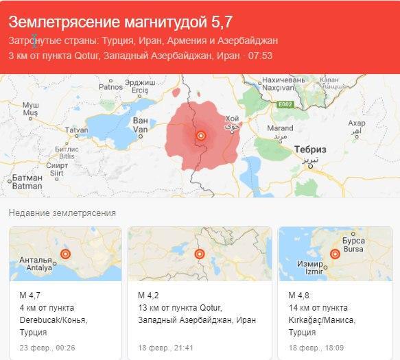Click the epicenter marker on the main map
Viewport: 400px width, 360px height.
(201, 136)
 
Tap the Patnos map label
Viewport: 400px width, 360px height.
(110, 87)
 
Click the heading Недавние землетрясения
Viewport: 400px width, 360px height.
(62, 213)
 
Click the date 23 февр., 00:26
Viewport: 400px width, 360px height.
(47, 348)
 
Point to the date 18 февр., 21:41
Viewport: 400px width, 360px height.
(165, 348)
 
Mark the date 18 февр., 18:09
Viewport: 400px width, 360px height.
(315, 348)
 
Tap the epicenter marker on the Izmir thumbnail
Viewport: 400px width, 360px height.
(336, 254)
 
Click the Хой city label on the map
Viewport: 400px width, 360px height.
(232, 119)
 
